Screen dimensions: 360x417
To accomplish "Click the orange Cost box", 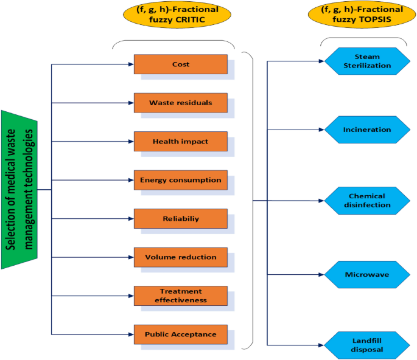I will point(180,64).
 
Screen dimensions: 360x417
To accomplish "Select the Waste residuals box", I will point(180,103).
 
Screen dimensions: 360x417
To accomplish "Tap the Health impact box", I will point(180,142).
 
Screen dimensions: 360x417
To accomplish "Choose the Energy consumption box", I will point(180,180).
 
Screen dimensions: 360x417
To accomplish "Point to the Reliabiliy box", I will point(180,218).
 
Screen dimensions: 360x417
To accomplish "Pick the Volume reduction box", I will point(180,257).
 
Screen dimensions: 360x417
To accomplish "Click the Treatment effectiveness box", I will point(180,296).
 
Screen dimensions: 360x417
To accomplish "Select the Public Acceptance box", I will point(180,334).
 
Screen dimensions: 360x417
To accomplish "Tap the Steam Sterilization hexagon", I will point(367,61).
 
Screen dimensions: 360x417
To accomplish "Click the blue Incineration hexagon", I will point(367,129).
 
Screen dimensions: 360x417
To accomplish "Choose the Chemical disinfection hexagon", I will point(367,201).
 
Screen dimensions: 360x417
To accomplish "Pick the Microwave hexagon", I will point(367,274).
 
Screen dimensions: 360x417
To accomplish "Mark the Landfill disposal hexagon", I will point(367,345).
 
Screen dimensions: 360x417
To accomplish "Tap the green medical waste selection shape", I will point(19,189).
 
